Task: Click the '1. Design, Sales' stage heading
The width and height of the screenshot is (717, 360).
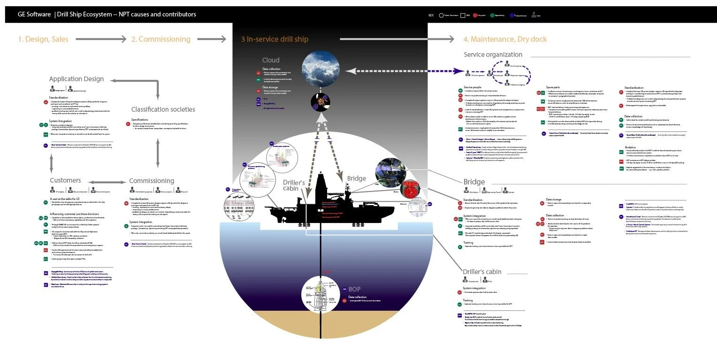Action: point(43,39)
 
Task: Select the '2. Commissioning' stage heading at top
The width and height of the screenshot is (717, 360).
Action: point(160,39)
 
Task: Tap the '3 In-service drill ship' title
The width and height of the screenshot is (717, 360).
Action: point(275,39)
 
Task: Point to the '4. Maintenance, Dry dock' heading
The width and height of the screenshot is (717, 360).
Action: point(505,39)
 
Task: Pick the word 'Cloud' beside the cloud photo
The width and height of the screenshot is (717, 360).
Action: point(271,60)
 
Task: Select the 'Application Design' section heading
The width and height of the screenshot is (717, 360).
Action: point(76,79)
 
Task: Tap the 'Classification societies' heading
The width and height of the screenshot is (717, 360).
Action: point(163,109)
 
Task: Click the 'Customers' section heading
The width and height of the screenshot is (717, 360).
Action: point(65,181)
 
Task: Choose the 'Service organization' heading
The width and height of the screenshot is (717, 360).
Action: point(493,55)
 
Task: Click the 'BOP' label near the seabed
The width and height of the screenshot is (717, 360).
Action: point(354,289)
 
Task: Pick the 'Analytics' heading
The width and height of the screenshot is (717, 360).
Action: point(630,147)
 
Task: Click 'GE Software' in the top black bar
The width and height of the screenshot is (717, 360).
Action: point(34,15)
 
